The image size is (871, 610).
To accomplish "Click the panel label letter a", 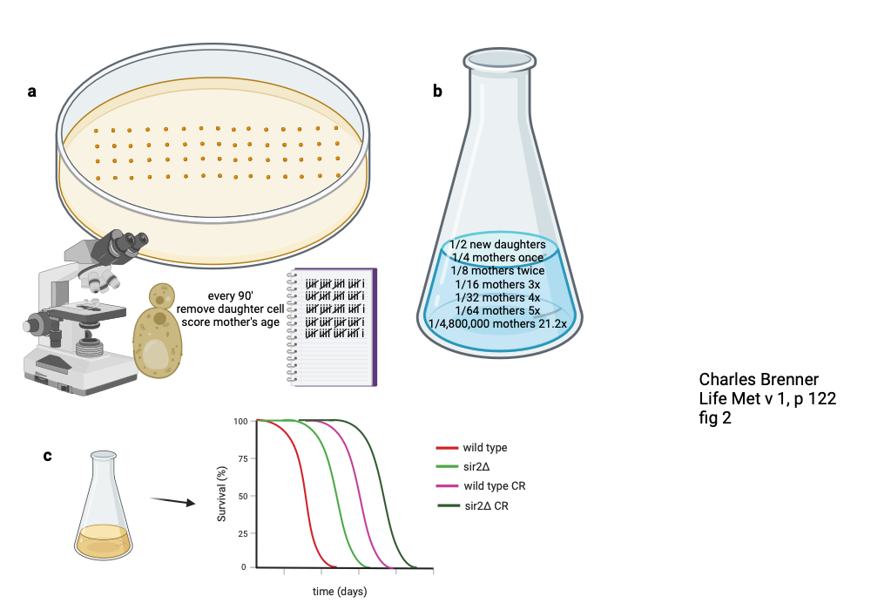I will point(32,91).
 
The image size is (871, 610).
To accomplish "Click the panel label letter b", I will point(438,90).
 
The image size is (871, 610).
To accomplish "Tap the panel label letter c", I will point(48,456).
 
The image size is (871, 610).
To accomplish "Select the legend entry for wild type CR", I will point(494,485).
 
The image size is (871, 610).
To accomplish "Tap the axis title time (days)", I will point(340,592).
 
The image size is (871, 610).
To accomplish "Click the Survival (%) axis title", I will point(222,493).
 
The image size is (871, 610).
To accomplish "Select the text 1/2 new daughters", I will point(497,245).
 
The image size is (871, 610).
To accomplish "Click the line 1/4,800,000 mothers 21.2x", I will point(497,323).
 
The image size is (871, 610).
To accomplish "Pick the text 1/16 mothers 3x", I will point(497,284).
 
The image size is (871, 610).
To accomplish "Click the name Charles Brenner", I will point(758,380).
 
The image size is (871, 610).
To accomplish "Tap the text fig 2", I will point(715,418).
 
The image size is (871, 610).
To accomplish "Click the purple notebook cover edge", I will point(374,327).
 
